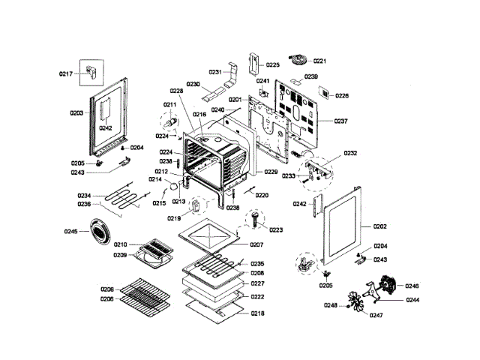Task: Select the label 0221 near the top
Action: click(320, 61)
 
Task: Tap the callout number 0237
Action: click(341, 121)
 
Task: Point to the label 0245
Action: click(70, 232)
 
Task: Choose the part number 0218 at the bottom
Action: click(257, 312)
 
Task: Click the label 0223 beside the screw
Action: click(276, 230)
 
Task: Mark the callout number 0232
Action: click(350, 153)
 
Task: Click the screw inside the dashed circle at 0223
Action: click(257, 220)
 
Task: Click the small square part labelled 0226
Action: click(322, 93)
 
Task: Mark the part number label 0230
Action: click(193, 85)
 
